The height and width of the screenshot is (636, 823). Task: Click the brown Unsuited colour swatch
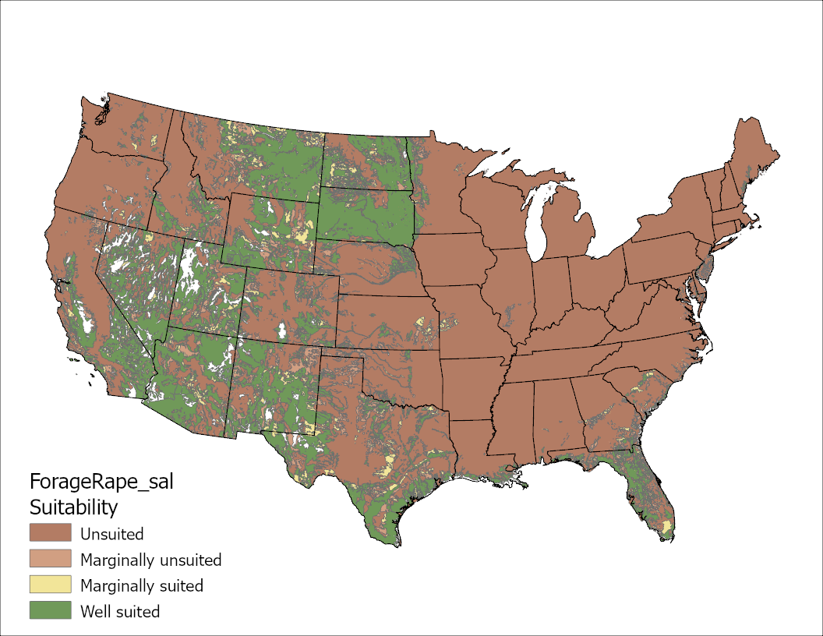[x=50, y=533]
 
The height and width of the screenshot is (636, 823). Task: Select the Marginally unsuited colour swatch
[x=50, y=559]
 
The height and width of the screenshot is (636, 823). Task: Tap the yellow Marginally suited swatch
[x=50, y=585]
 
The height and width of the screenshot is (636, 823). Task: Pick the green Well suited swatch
[x=50, y=610]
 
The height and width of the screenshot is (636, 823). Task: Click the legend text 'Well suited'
[x=120, y=612]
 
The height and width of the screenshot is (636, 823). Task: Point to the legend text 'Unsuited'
[x=111, y=535]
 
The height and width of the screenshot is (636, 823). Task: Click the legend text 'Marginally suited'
[x=141, y=585]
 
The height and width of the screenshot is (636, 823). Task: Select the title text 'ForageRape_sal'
[x=101, y=481]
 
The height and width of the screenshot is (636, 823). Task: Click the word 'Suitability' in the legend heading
[x=73, y=507]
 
